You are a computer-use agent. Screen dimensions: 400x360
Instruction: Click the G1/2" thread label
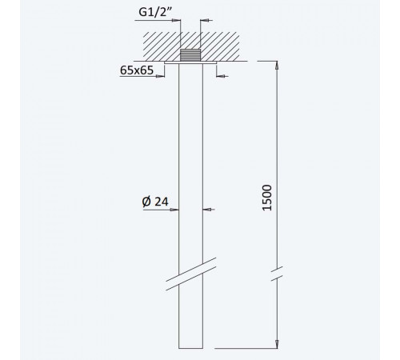coord(156,12)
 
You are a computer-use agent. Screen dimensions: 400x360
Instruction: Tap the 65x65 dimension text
coord(137,70)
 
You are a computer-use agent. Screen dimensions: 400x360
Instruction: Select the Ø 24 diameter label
coord(155,202)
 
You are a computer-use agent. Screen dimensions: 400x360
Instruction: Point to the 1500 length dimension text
coord(267,198)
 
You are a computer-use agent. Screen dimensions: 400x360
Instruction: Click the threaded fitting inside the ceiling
coord(190,55)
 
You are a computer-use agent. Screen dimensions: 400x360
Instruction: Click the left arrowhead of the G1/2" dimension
coord(177,20)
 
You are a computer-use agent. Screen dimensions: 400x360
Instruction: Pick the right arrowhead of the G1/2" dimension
coord(204,20)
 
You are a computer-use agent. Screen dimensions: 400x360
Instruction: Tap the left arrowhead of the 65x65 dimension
coord(161,76)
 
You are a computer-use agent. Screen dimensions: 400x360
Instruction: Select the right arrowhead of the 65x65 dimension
coord(221,76)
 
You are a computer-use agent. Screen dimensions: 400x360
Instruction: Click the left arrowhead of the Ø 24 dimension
coord(174,210)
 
